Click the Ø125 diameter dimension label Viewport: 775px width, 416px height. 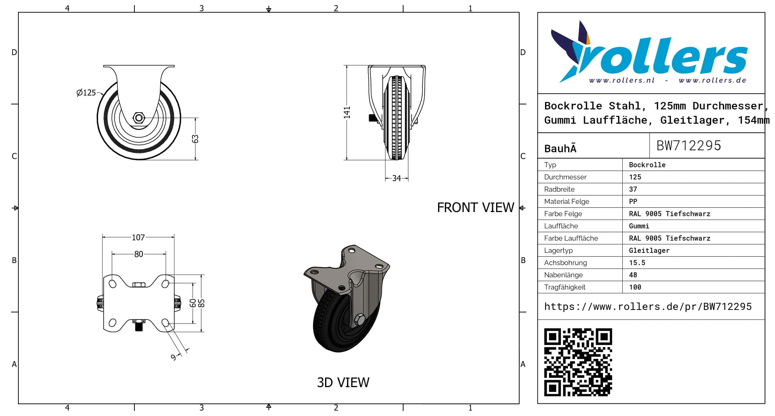point(86,92)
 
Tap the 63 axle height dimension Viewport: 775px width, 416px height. point(195,139)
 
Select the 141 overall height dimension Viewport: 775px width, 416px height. point(347,112)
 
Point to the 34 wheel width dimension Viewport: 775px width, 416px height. point(396,178)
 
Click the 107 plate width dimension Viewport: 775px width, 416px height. point(138,237)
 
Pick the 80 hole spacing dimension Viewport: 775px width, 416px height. point(138,254)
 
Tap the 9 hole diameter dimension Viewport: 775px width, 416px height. point(173,357)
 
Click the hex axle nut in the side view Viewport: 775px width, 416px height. point(138,118)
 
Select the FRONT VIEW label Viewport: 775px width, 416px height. point(475,207)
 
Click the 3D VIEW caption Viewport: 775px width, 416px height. point(343,382)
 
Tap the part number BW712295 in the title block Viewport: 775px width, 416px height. point(688,145)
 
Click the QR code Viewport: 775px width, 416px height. point(578,362)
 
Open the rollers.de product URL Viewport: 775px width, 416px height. point(648,307)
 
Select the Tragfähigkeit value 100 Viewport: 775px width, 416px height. point(635,287)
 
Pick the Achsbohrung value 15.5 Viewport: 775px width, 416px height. point(637,263)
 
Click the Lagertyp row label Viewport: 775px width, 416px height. point(558,250)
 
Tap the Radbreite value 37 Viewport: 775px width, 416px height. point(633,189)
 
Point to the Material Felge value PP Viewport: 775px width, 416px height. point(633,202)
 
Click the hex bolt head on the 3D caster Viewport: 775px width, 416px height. point(359,319)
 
